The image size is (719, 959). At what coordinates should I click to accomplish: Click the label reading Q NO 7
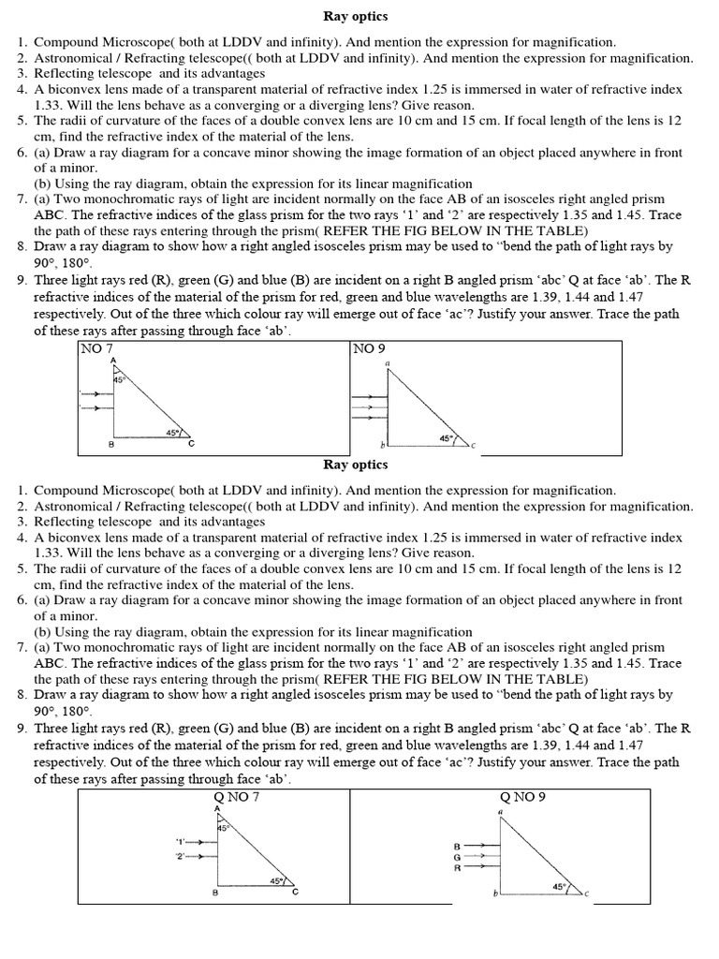point(237,797)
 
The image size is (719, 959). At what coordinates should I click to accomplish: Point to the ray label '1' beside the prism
point(181,841)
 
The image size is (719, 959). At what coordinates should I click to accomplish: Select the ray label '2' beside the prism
point(181,855)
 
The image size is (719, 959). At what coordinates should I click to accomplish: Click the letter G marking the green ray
point(457,857)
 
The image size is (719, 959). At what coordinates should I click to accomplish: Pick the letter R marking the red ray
point(457,868)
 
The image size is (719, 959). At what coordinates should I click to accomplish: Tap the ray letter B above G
point(457,847)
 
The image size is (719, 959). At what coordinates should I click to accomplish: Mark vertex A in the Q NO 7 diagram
point(217,808)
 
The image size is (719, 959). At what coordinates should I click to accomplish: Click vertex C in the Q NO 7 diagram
point(296,892)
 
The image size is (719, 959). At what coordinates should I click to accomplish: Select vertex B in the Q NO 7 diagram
point(215,893)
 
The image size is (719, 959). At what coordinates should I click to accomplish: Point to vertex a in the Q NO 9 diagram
point(500,811)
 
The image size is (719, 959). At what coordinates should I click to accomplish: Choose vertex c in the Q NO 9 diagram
point(586,893)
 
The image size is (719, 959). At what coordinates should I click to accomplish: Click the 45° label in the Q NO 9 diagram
point(559,885)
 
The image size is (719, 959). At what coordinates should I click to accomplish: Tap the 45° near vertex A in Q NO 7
point(223,828)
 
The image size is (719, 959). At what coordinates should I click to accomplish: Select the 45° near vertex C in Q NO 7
point(276,880)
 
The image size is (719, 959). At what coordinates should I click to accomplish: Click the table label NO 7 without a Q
point(96,348)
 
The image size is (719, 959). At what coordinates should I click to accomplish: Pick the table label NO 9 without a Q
point(369,348)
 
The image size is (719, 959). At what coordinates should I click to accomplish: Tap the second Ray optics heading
point(356,465)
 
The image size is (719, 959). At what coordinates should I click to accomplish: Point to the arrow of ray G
point(475,856)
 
